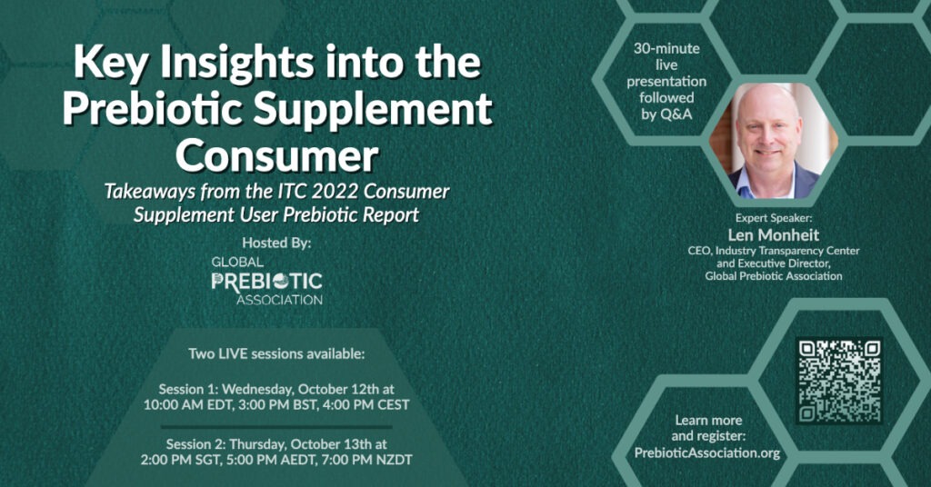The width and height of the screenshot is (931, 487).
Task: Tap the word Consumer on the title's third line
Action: [x=276, y=156]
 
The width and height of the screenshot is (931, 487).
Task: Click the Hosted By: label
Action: [x=276, y=243]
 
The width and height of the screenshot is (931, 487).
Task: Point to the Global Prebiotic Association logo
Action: [x=266, y=281]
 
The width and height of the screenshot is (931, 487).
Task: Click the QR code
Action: [x=839, y=381]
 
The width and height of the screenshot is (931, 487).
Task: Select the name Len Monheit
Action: [x=773, y=235]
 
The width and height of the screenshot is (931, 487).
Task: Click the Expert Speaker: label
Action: [x=773, y=218]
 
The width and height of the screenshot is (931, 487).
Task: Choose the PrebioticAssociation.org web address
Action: [x=707, y=452]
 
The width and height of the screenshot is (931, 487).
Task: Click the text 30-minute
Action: [x=666, y=49]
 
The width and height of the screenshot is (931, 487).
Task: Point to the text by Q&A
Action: [x=666, y=114]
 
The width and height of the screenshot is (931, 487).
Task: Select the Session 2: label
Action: [x=196, y=443]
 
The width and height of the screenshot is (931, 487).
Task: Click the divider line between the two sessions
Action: [x=276, y=426]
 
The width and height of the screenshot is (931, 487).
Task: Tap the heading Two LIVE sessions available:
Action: [x=276, y=354]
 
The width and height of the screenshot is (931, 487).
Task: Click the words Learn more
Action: [x=708, y=421]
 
